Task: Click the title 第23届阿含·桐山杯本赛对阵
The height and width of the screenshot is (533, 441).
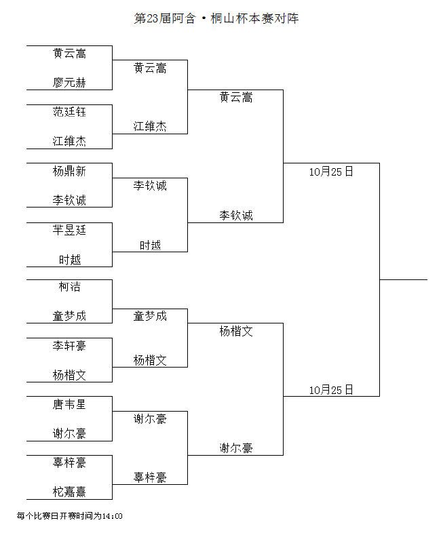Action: pos(216,18)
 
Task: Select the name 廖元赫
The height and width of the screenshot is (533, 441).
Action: pos(69,83)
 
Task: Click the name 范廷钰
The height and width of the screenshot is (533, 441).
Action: pos(69,112)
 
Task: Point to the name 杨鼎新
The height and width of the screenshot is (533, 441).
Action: pos(69,171)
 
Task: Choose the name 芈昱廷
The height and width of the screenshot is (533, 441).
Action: pos(69,230)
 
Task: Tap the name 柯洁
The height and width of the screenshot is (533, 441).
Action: pos(69,287)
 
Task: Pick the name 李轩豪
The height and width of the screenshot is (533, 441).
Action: pos(69,346)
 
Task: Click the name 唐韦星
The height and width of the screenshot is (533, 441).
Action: pos(69,404)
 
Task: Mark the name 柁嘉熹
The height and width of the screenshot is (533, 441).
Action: pos(69,492)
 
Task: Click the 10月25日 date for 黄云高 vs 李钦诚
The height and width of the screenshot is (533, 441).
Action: pos(331,172)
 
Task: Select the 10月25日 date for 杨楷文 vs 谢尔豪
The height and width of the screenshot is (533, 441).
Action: pos(331,389)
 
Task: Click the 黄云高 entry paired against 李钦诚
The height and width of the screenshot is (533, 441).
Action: pos(236,98)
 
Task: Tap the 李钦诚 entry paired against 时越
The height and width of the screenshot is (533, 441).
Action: pos(150,186)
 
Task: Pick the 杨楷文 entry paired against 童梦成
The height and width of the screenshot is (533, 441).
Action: pos(150,360)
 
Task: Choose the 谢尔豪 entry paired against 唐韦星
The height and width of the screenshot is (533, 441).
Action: pos(69,433)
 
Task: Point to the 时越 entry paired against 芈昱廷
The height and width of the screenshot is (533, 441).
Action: pos(69,260)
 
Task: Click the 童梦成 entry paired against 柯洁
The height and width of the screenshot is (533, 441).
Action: pos(69,316)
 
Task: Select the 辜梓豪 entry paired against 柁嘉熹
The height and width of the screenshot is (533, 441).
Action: pos(69,462)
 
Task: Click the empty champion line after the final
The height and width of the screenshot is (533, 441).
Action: pos(403,280)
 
